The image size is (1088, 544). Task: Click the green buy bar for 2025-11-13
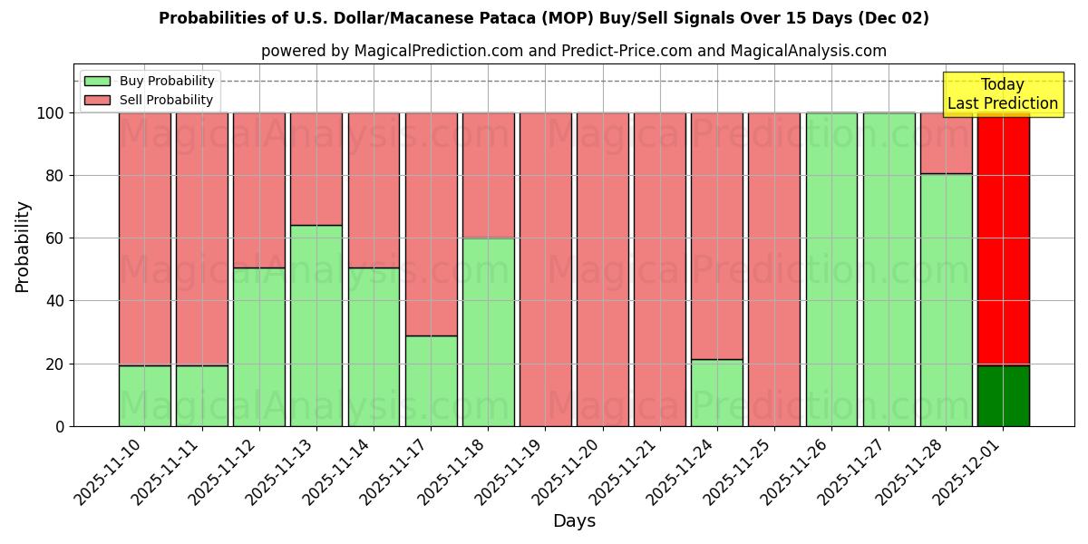316,325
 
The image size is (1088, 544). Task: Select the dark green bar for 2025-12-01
1003,395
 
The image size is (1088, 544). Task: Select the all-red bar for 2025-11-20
603,269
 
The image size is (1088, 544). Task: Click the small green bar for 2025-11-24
717,393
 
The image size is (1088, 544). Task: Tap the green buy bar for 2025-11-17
431,381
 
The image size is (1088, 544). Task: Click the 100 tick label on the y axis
51,113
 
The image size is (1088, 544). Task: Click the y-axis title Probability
23,247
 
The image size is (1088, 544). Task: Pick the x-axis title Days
574,521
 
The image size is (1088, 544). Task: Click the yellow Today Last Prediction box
1002,94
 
